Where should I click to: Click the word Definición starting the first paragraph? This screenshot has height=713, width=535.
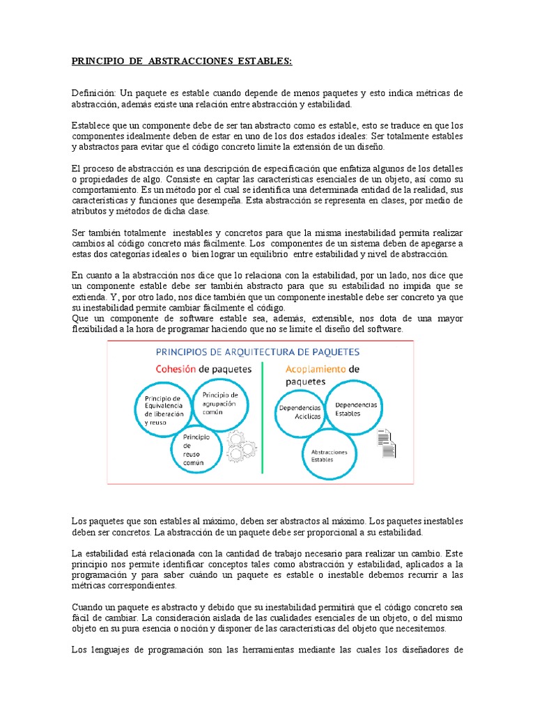click(94, 93)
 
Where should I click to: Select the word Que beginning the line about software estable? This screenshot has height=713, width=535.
click(79, 318)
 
